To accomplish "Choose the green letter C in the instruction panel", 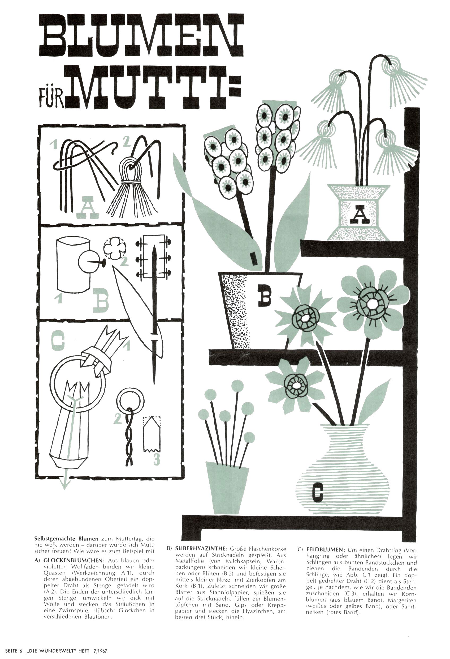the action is tap(58, 341).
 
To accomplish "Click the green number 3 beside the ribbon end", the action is tap(157, 459).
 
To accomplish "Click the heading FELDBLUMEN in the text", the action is tap(325, 550).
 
